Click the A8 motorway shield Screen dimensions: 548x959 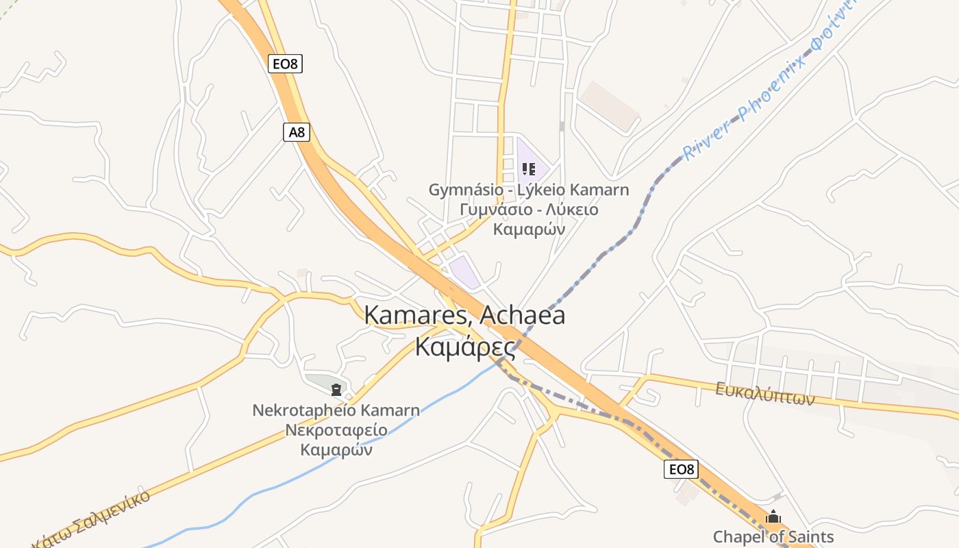click(297, 132)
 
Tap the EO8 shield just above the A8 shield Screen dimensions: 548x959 click(285, 64)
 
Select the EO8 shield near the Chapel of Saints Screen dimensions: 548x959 click(681, 469)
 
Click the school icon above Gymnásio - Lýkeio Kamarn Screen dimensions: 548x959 click(528, 169)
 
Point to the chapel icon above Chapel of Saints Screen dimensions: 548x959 click(773, 516)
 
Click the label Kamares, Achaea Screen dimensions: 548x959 click(465, 315)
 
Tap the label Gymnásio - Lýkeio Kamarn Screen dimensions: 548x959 click(528, 190)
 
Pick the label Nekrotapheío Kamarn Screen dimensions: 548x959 click(336, 410)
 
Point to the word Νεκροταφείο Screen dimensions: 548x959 click(336, 430)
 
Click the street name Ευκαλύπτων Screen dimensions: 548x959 click(765, 394)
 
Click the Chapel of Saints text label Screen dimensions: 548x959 click(773, 537)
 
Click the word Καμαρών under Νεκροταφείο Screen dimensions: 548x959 click(336, 450)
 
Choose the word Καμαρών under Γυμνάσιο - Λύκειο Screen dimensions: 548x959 click(530, 229)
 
